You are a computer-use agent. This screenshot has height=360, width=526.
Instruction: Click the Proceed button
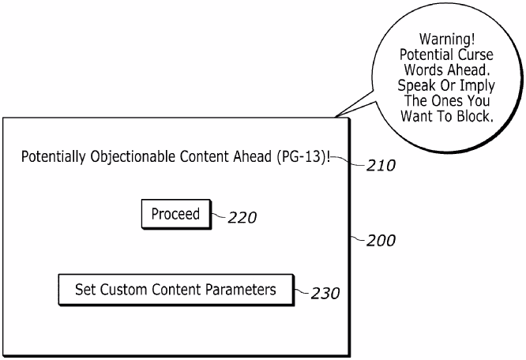pyautogui.click(x=176, y=213)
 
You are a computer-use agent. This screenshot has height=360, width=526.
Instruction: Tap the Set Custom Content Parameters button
pyautogui.click(x=175, y=290)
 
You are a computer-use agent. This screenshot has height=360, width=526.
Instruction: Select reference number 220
pyautogui.click(x=242, y=218)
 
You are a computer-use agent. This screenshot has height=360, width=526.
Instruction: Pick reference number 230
pyautogui.click(x=325, y=294)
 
